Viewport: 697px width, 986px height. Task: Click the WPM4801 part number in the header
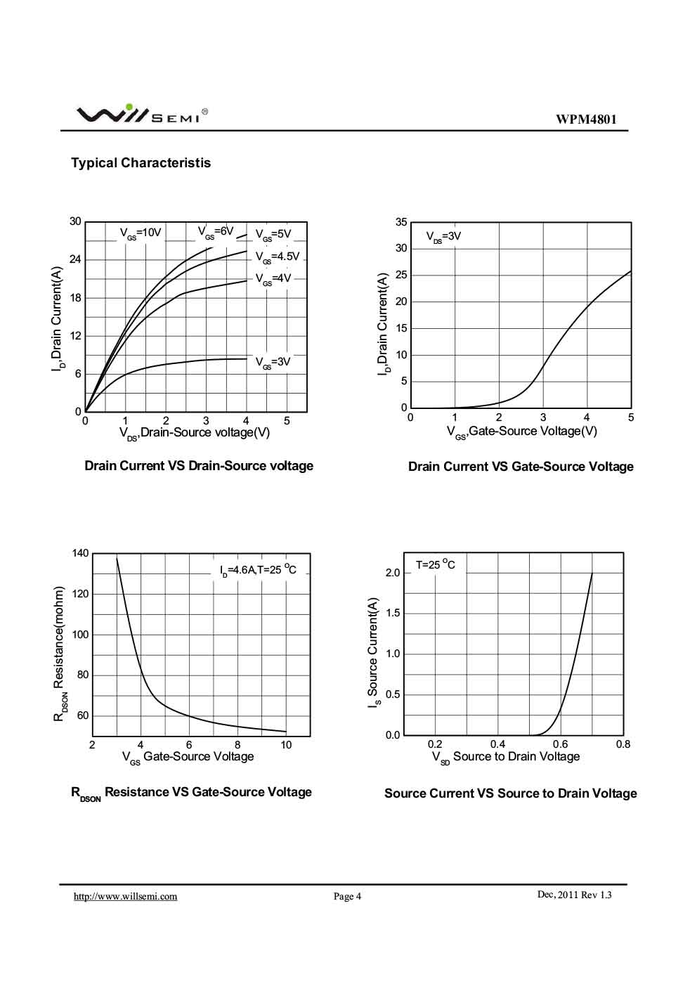[587, 119]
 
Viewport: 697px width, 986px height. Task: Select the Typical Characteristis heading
[141, 163]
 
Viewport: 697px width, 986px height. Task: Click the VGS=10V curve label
[141, 233]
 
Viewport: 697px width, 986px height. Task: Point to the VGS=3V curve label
[273, 362]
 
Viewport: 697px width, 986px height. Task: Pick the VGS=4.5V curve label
[277, 257]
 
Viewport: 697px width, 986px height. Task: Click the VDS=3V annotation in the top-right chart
[443, 237]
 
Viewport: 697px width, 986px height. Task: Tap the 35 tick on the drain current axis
[401, 222]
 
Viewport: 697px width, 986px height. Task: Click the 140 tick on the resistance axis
[80, 553]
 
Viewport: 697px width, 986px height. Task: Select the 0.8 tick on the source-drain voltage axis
[623, 744]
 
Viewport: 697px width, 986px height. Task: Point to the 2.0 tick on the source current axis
[393, 573]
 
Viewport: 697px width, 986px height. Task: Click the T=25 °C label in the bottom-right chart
[435, 565]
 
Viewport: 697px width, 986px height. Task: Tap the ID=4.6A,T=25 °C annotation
[258, 570]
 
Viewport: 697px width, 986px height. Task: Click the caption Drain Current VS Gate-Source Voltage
[521, 467]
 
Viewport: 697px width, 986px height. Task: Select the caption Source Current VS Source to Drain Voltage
[510, 793]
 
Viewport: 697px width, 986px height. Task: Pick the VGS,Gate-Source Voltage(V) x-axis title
[521, 432]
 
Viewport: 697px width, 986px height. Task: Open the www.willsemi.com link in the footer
[126, 896]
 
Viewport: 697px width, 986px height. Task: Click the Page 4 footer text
[347, 896]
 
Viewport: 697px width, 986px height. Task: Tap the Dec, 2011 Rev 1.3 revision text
[574, 895]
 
